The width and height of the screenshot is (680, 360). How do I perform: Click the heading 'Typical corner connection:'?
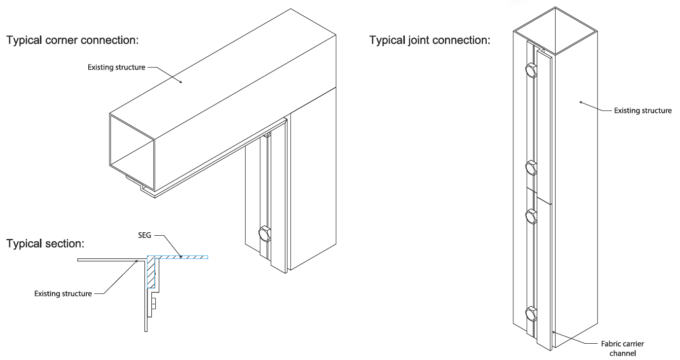coord(72,40)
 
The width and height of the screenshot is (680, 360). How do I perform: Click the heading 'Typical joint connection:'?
coord(430,40)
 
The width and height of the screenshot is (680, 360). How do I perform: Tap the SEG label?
coord(144,236)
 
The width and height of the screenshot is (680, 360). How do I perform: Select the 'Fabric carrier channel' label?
coord(622,348)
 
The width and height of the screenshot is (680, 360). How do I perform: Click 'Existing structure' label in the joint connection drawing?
coord(643,110)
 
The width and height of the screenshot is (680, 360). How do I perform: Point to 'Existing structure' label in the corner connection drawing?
coord(116,67)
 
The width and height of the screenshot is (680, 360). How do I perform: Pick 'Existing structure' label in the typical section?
coord(63,293)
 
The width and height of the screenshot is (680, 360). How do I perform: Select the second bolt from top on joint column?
coord(532,168)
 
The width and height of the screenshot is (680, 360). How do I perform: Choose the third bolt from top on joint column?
coord(532,216)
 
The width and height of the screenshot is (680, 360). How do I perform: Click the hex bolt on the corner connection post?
coord(265,233)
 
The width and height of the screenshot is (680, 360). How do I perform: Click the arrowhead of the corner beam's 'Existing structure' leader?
coord(182,83)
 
